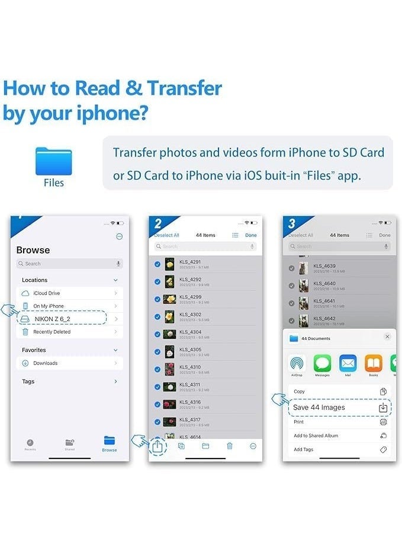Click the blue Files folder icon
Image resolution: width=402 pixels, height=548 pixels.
(53, 161)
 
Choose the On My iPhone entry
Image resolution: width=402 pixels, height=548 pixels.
(49, 306)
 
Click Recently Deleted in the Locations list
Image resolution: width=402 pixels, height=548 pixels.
(52, 332)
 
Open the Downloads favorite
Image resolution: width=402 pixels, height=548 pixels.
(46, 363)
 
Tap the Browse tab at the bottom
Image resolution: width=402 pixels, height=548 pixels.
(110, 443)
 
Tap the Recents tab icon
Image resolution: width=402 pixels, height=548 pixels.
(30, 444)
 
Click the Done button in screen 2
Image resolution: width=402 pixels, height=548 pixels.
(251, 235)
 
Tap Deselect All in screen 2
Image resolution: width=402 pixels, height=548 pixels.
(167, 235)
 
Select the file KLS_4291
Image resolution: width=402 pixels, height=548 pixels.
(190, 261)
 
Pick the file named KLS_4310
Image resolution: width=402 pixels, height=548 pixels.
(190, 367)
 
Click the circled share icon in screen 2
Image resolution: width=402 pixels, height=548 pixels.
(157, 447)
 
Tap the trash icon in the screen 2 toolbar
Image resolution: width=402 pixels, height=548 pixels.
(230, 446)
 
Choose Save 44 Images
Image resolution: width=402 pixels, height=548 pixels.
(319, 408)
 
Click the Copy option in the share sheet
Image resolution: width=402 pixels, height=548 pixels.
(300, 392)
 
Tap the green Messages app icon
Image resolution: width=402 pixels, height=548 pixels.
(322, 363)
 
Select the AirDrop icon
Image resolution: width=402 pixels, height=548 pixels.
(297, 363)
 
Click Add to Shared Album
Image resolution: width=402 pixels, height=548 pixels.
(316, 435)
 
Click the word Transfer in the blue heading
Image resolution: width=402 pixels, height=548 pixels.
(184, 88)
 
